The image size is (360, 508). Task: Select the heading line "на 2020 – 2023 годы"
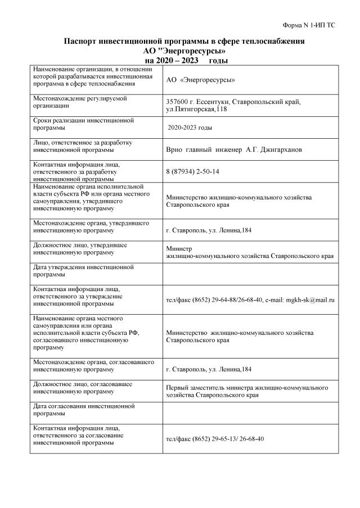tap(181, 60)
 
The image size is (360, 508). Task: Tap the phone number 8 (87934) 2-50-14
tap(193, 171)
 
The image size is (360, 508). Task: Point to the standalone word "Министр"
tap(179, 248)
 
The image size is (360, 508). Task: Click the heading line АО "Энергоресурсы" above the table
tap(181, 51)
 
